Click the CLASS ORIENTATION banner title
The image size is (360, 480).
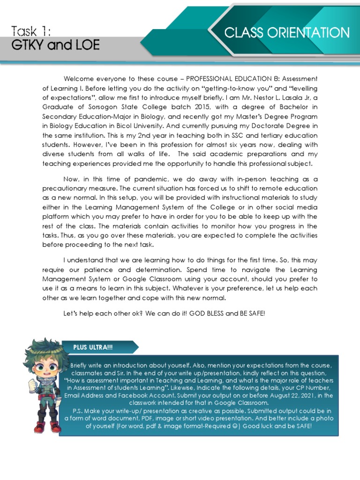point(287,33)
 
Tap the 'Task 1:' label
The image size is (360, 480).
point(31,31)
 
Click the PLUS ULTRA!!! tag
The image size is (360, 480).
point(93,347)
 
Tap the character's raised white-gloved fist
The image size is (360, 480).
point(32,385)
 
